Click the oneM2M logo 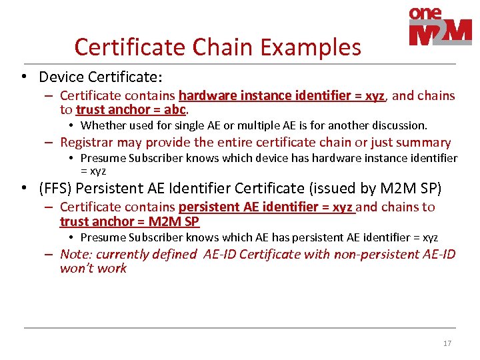439,27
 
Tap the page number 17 447,343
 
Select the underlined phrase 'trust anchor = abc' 131,110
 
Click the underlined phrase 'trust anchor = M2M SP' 129,221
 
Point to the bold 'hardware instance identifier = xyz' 281,95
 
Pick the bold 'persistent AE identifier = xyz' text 266,207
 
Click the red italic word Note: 75,254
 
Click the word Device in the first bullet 61,77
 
